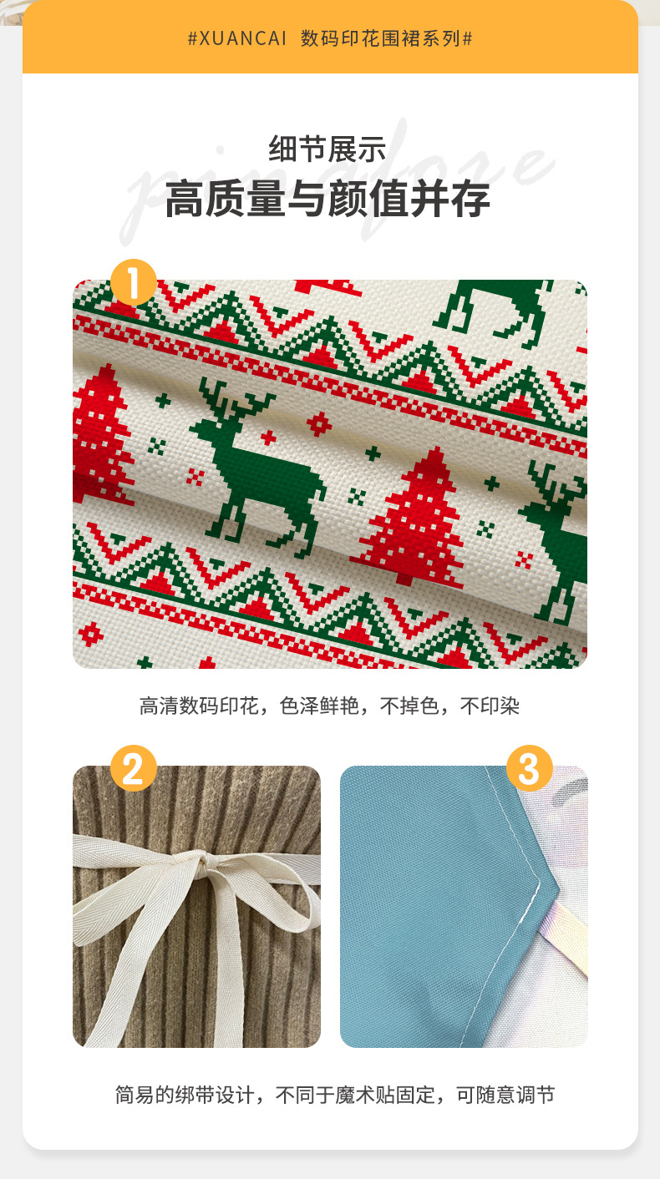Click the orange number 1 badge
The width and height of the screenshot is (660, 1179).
tap(134, 281)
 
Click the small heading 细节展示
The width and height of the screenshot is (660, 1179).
tap(328, 150)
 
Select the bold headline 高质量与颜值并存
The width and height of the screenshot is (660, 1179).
tap(328, 200)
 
